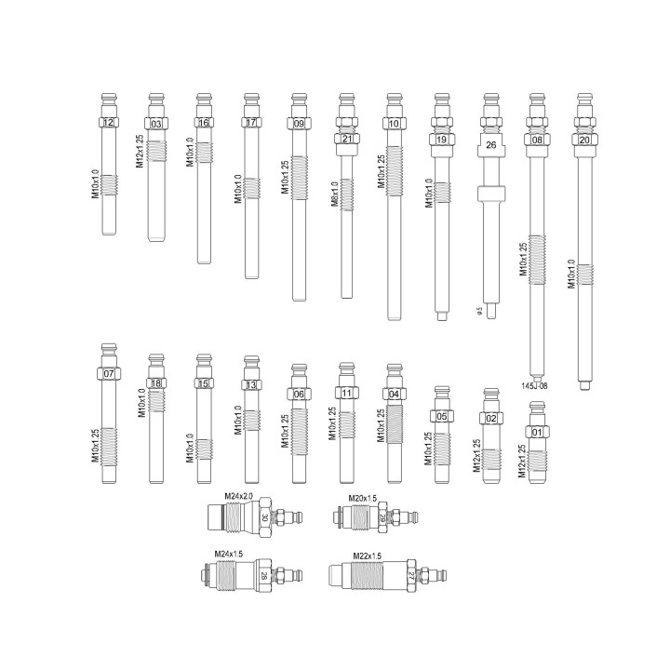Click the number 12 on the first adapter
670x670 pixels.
click(x=110, y=124)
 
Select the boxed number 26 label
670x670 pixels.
click(x=490, y=144)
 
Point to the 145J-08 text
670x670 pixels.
click(x=534, y=385)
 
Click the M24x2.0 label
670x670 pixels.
click(x=240, y=498)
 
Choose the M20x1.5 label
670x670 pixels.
click(x=363, y=499)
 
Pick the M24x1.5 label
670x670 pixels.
click(x=229, y=554)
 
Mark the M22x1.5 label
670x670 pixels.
click(x=367, y=556)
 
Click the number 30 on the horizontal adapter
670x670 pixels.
click(x=265, y=518)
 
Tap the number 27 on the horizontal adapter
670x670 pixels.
click(x=410, y=576)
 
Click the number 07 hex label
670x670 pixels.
click(x=110, y=373)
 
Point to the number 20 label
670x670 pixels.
click(x=584, y=140)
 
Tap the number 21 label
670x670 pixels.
click(x=346, y=140)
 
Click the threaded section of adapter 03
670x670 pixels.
click(x=157, y=151)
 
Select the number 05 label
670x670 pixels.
click(x=442, y=416)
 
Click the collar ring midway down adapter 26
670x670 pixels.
click(x=490, y=194)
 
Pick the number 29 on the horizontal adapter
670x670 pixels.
click(x=382, y=517)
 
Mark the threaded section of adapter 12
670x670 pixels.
click(x=110, y=184)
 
